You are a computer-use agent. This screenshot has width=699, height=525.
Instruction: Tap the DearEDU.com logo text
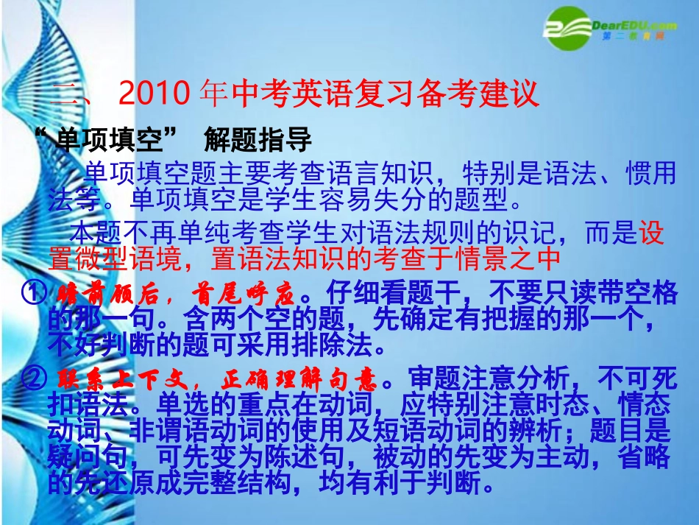pos(634,26)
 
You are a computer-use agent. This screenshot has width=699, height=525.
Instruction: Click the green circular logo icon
pos(567,28)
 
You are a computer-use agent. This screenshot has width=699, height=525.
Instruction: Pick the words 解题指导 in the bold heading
pos(258,139)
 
